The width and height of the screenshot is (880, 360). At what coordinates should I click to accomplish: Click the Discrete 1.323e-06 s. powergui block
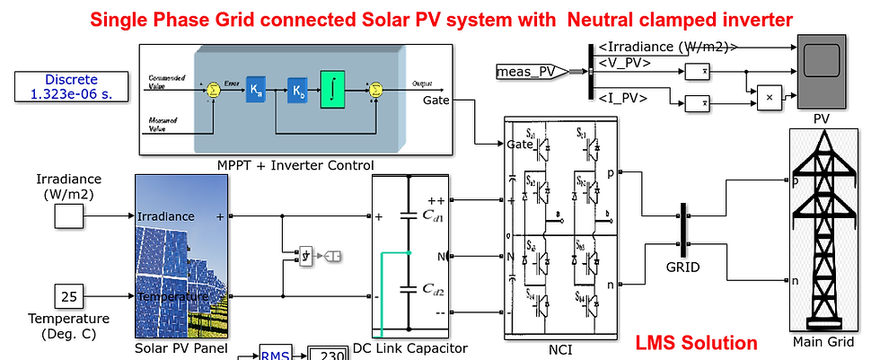click(71, 85)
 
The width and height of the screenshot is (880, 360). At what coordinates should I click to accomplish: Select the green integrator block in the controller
click(332, 92)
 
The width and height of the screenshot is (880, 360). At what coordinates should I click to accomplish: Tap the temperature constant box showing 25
click(68, 294)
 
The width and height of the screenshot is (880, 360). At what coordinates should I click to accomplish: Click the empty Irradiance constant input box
click(68, 216)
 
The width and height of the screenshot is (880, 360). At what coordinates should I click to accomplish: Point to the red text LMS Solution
click(696, 343)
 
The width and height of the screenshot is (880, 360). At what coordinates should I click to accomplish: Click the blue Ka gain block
click(257, 91)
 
